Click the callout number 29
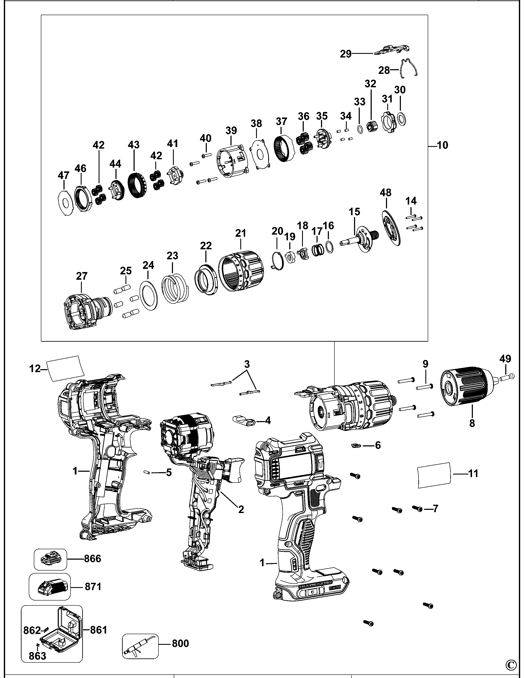345,54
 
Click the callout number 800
180,644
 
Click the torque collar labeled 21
241,271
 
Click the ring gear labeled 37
284,148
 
